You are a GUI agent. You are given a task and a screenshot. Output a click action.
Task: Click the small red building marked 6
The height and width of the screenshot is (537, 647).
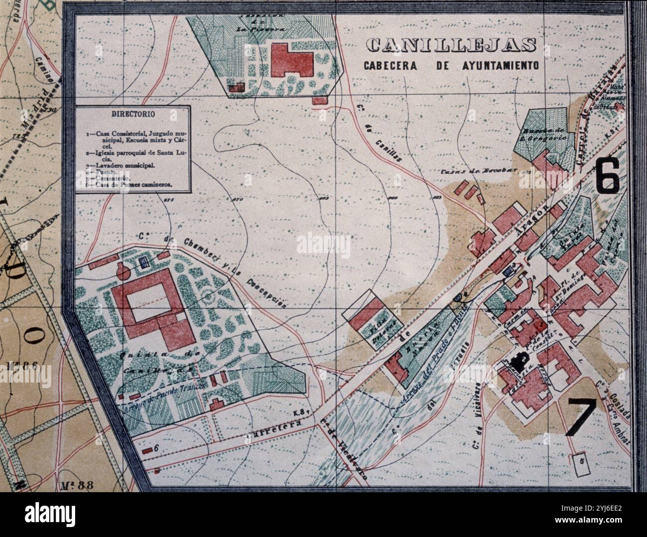[147, 450]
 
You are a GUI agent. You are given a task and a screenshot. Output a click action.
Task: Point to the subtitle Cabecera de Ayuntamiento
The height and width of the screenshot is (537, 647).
[451, 65]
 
